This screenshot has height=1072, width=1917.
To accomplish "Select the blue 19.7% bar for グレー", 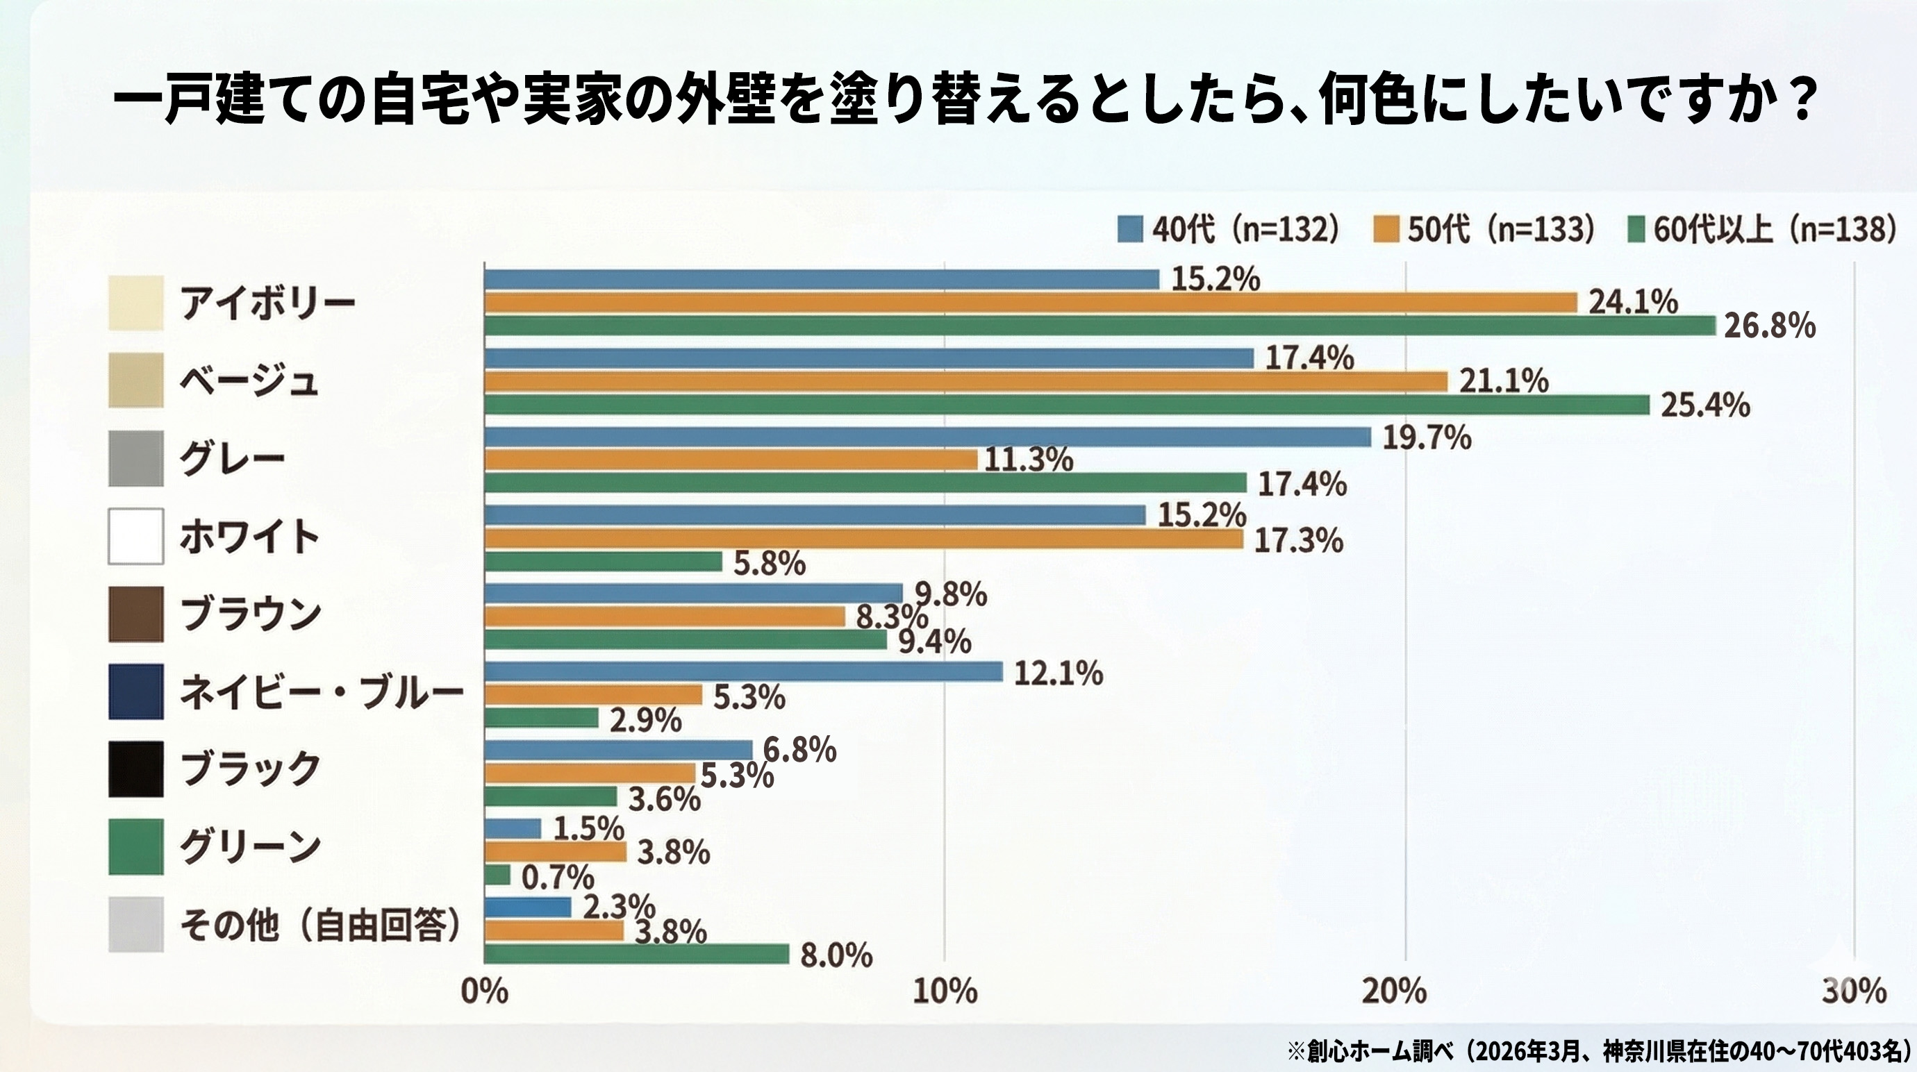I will [927, 437].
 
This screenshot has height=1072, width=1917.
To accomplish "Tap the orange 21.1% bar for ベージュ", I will [965, 382].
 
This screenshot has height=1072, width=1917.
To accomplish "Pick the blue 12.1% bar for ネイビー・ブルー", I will [742, 672].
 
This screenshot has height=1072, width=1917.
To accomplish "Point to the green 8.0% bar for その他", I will [636, 954].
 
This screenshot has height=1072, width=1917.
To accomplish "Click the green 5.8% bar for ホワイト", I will [603, 562].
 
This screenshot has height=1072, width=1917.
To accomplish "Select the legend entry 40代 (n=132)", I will [1229, 229].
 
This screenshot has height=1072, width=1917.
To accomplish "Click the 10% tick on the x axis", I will [945, 991].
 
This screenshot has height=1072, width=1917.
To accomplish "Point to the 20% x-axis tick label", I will [1395, 991].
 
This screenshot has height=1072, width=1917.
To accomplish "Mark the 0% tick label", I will [485, 991].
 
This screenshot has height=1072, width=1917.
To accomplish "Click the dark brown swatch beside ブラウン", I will [135, 614].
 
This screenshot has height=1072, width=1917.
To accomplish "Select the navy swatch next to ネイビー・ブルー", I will [135, 692].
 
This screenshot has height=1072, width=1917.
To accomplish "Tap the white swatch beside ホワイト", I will [135, 537].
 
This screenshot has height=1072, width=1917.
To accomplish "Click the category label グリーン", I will [250, 846].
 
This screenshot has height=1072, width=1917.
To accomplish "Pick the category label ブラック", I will [250, 769].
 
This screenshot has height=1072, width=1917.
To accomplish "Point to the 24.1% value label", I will [1634, 302].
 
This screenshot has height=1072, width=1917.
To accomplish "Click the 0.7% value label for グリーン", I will [557, 878].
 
